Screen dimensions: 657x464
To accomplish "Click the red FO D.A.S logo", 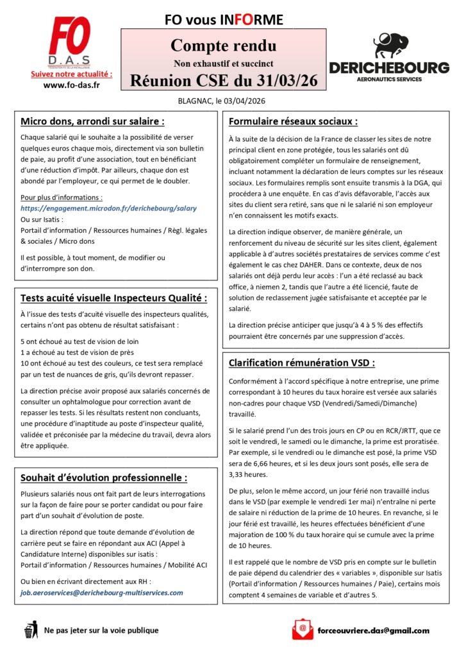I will tap(70, 41).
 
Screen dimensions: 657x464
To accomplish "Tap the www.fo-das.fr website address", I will tap(70, 85).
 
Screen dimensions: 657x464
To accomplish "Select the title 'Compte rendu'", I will tap(224, 46).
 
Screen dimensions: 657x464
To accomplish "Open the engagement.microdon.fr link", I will tap(108, 209).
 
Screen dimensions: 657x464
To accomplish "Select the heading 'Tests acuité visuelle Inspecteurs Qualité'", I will tap(114, 298).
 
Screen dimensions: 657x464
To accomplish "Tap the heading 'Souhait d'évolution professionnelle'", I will tap(104, 477).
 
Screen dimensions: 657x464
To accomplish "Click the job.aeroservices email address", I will tap(102, 593).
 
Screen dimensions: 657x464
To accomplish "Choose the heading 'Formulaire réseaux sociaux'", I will tap(293, 121).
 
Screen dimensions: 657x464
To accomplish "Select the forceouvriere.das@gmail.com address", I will tap(374, 631).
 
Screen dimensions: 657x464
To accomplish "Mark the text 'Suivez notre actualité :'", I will tap(71, 74).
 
